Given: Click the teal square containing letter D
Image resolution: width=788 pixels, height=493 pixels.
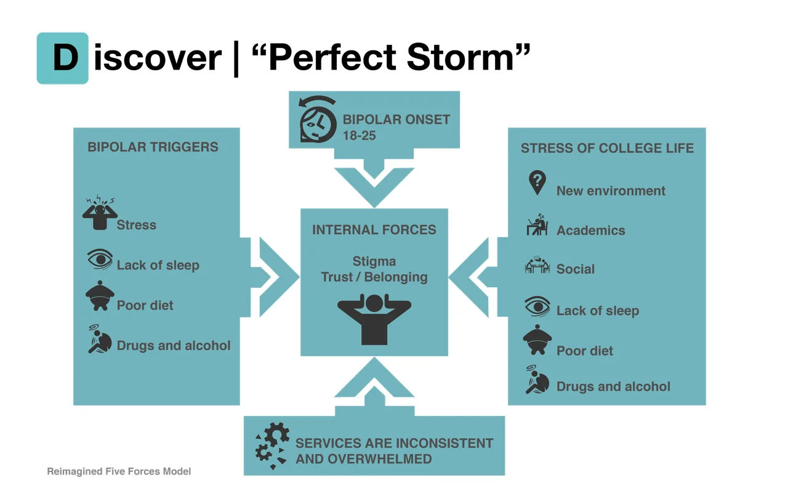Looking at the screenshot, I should pyautogui.click(x=63, y=58).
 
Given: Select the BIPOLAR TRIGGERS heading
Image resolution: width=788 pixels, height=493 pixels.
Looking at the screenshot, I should pyautogui.click(x=153, y=147).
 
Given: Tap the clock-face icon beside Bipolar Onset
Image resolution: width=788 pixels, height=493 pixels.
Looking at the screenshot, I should pyautogui.click(x=318, y=120).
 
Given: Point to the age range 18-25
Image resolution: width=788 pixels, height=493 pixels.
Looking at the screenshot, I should pyautogui.click(x=360, y=136).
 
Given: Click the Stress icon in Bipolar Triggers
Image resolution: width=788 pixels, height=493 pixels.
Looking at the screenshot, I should pyautogui.click(x=100, y=213).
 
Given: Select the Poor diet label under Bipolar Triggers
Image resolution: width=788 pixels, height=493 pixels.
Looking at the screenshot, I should pyautogui.click(x=145, y=306).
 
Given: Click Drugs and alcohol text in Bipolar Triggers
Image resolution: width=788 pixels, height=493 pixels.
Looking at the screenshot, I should pyautogui.click(x=174, y=346).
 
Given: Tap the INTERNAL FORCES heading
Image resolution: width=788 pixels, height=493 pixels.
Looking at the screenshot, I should pyautogui.click(x=374, y=230).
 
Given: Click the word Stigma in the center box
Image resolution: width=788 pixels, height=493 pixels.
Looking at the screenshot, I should pyautogui.click(x=374, y=262).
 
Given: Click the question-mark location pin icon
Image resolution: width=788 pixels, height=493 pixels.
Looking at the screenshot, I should pyautogui.click(x=537, y=183).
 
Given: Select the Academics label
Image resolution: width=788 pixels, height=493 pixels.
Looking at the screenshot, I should pyautogui.click(x=591, y=230).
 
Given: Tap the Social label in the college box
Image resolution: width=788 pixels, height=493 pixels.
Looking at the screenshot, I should pyautogui.click(x=576, y=269).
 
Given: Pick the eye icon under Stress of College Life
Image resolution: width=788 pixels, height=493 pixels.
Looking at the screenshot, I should pyautogui.click(x=537, y=306).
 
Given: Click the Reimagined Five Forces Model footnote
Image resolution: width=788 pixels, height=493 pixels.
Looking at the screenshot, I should pyautogui.click(x=119, y=471).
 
